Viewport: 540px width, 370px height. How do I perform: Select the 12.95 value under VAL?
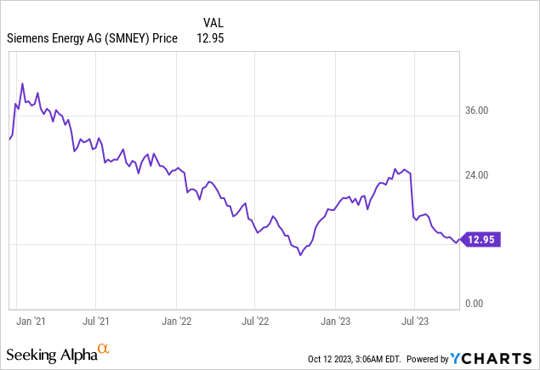point(210,37)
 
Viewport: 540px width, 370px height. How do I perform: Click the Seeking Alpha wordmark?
point(51,352)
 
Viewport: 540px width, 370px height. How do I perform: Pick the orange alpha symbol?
point(104,349)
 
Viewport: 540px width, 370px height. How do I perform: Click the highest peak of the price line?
point(23,83)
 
